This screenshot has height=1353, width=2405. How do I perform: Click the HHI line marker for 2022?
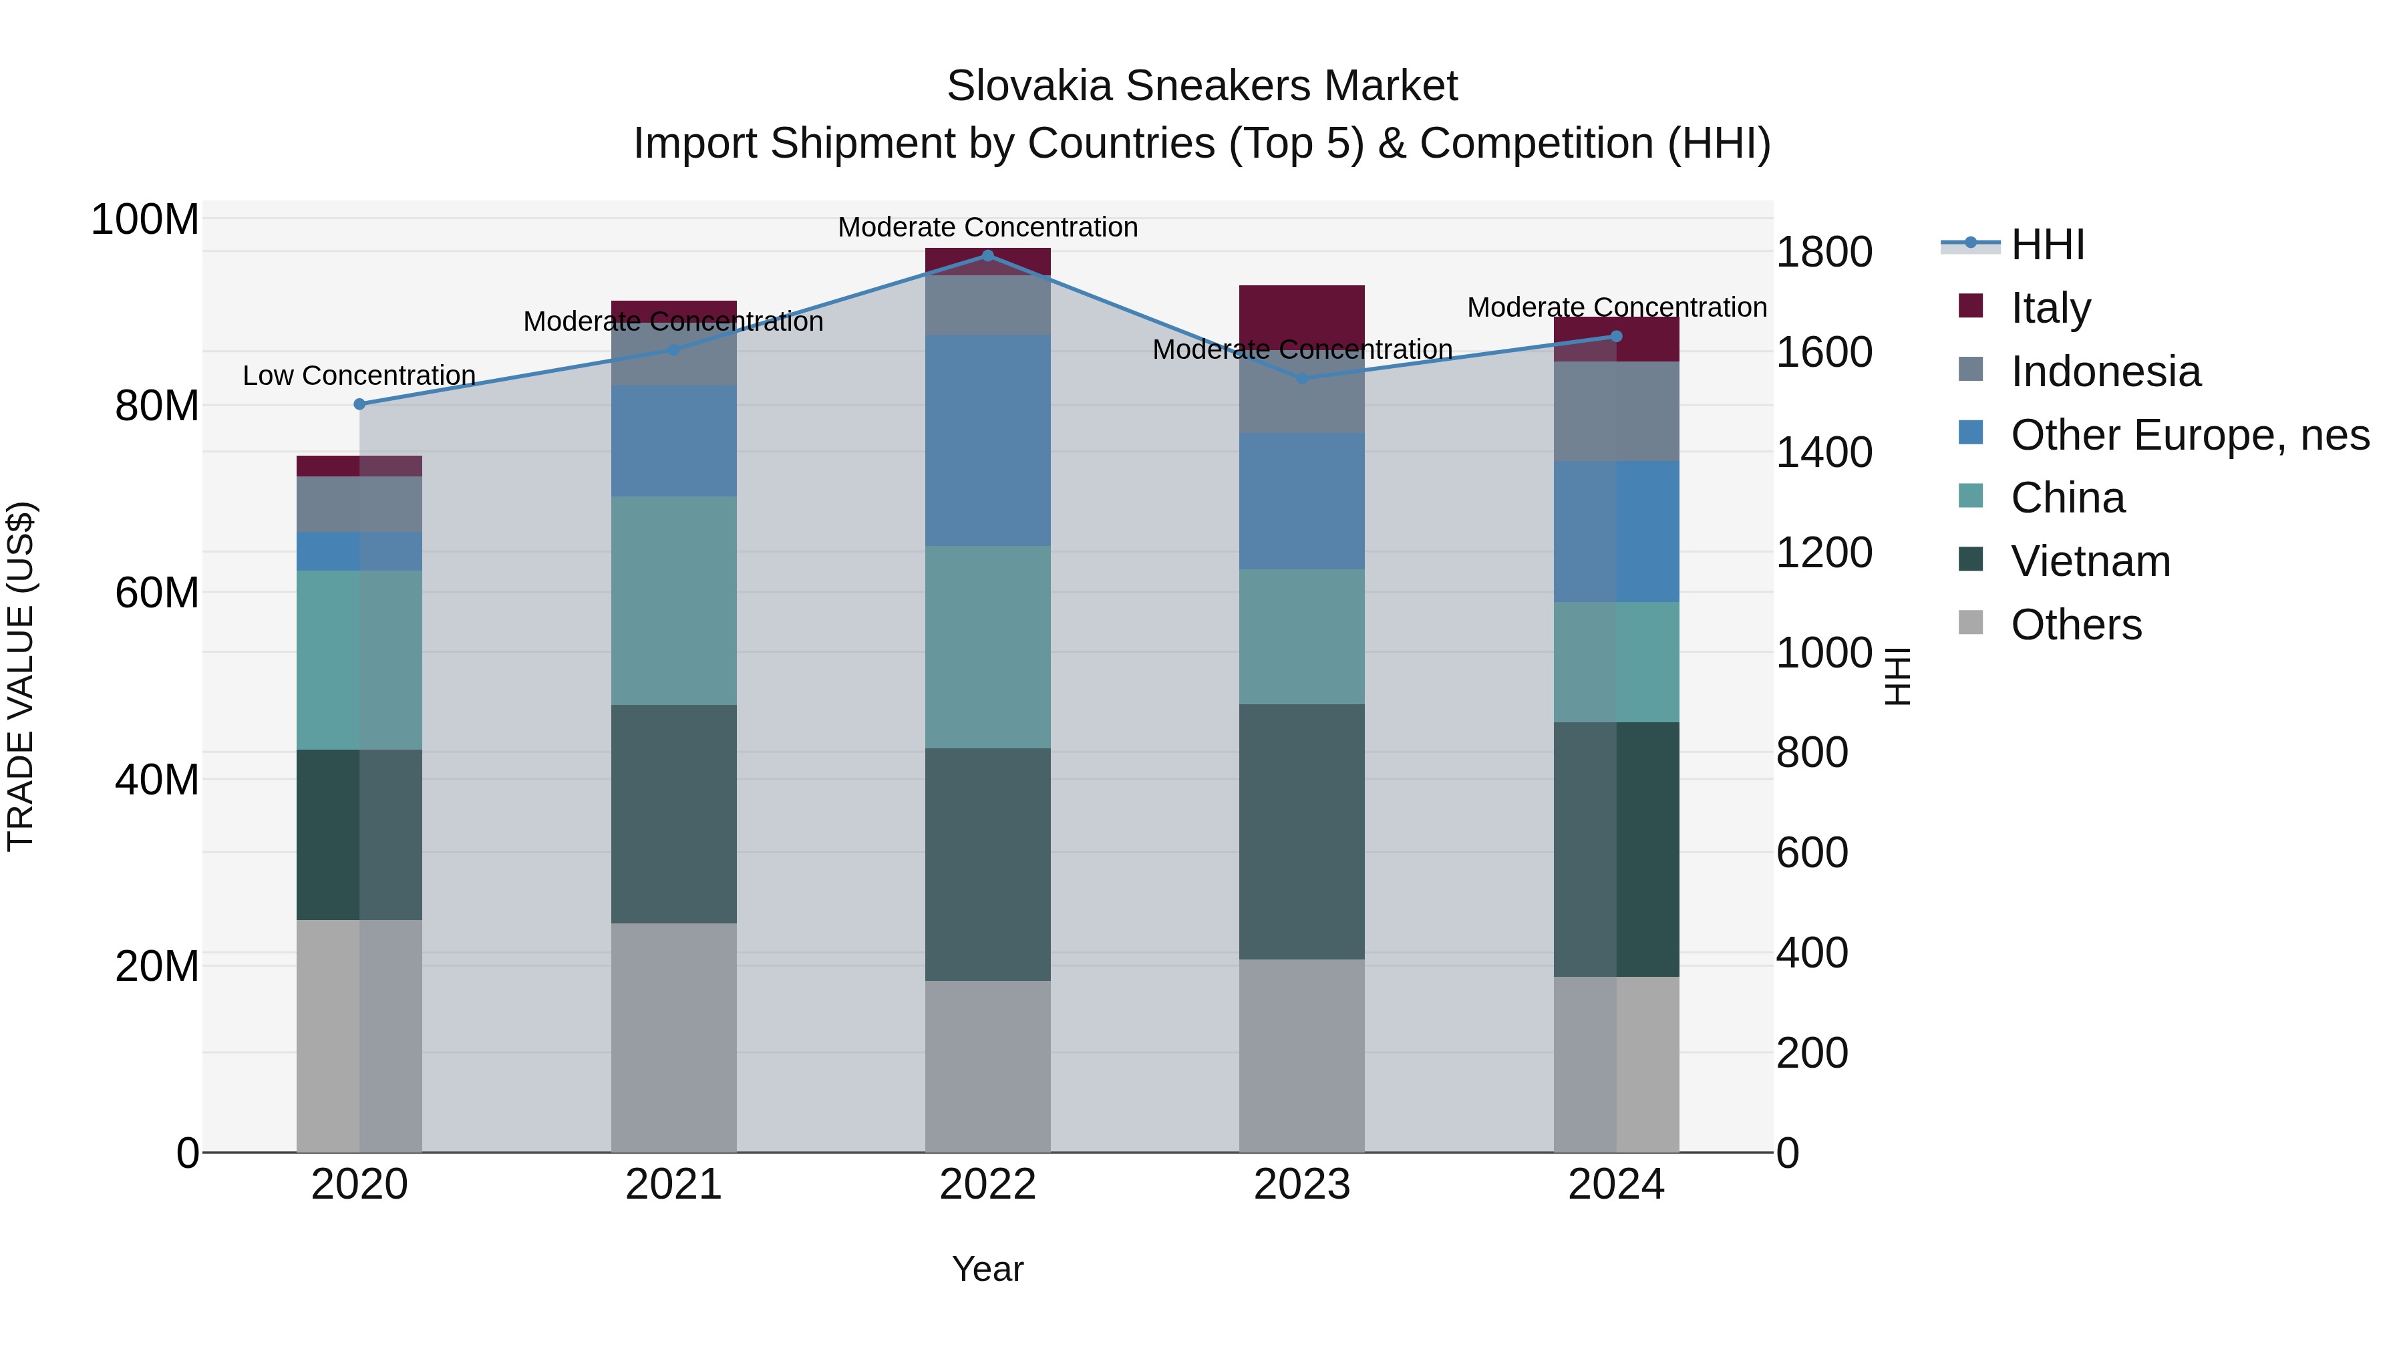[x=988, y=255]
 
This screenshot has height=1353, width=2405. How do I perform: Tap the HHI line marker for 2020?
[x=359, y=404]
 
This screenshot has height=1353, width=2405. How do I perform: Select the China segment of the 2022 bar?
[x=988, y=646]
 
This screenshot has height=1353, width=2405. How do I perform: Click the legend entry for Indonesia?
[x=2104, y=371]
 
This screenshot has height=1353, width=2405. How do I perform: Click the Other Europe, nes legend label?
[x=2189, y=435]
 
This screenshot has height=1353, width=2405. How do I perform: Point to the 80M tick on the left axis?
[x=156, y=406]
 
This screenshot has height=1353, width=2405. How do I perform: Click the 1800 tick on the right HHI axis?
[x=1822, y=252]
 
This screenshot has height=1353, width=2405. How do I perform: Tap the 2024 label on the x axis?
[x=1615, y=1185]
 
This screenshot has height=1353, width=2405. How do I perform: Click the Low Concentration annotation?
[x=359, y=375]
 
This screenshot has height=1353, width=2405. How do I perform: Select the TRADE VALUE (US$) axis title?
[x=21, y=676]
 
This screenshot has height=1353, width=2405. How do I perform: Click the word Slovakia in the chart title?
[x=1029, y=86]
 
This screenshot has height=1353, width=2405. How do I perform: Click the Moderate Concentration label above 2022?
[x=988, y=227]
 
